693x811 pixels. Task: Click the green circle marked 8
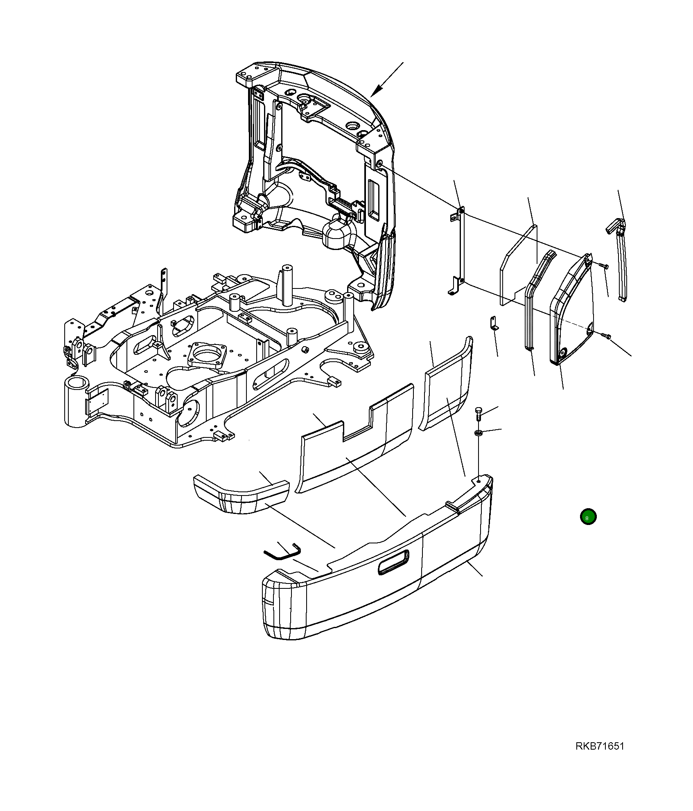pyautogui.click(x=588, y=517)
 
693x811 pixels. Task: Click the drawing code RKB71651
pyautogui.click(x=600, y=746)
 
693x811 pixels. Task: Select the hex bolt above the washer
pyautogui.click(x=479, y=414)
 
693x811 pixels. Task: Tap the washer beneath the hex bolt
pyautogui.click(x=479, y=433)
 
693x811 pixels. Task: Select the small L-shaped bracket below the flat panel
pyautogui.click(x=494, y=323)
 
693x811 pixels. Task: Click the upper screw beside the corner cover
pyautogui.click(x=605, y=266)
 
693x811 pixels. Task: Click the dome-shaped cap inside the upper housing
pyautogui.click(x=338, y=234)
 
